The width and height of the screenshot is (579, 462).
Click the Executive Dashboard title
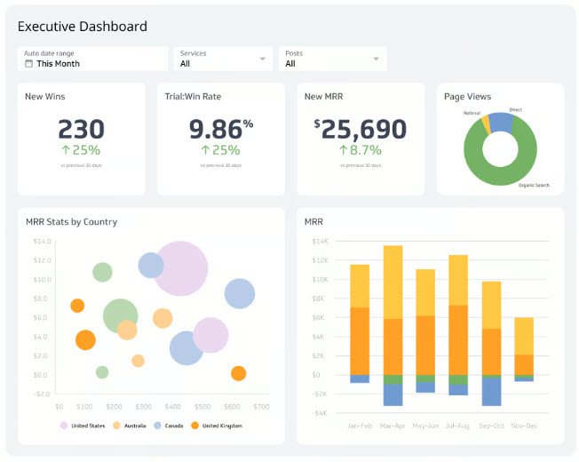point(83,27)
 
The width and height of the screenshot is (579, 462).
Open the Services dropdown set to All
point(222,59)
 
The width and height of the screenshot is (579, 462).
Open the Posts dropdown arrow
point(377,59)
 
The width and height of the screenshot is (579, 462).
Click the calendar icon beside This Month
point(29,64)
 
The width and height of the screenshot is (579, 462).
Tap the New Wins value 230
point(81,129)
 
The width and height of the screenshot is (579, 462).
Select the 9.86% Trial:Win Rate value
point(220,129)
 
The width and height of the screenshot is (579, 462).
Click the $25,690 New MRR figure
point(360,130)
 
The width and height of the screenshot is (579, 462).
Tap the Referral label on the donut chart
point(472,113)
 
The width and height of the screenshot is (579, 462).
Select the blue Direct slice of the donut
point(501,123)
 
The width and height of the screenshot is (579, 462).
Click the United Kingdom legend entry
point(222,426)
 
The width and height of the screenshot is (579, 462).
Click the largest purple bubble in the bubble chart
point(181,268)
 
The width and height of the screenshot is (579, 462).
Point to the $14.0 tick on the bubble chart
point(42,241)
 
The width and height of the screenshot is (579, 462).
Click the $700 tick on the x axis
point(261,406)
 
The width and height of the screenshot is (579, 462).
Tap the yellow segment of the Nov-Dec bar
point(524,336)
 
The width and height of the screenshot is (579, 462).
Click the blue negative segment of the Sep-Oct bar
point(491,390)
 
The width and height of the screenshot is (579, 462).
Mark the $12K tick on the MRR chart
point(320,259)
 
